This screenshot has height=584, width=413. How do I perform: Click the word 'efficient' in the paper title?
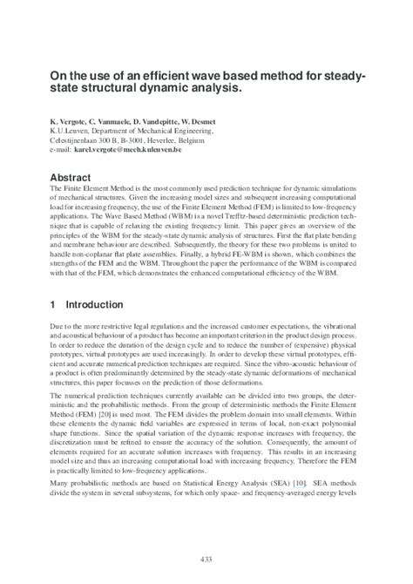click(x=154, y=76)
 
